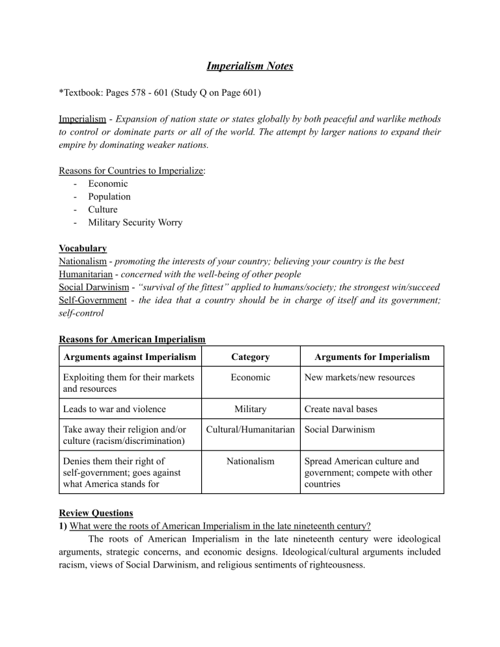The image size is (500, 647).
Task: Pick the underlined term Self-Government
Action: click(94, 300)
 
